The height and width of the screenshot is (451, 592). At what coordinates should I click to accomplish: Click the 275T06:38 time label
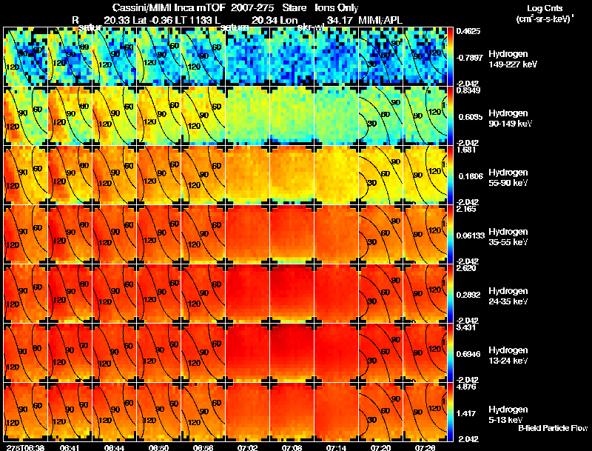(24, 447)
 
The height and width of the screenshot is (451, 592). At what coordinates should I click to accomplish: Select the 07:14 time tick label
(337, 447)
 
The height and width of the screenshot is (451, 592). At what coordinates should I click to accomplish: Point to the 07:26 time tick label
(425, 447)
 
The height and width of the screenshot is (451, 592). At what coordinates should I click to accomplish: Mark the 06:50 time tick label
(158, 447)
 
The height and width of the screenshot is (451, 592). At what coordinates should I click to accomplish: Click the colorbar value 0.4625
(465, 31)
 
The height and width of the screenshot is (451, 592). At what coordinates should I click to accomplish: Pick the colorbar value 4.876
(465, 386)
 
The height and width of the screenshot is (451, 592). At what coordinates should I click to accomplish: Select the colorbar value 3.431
(465, 327)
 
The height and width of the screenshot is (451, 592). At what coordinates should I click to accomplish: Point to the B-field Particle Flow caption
(552, 429)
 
